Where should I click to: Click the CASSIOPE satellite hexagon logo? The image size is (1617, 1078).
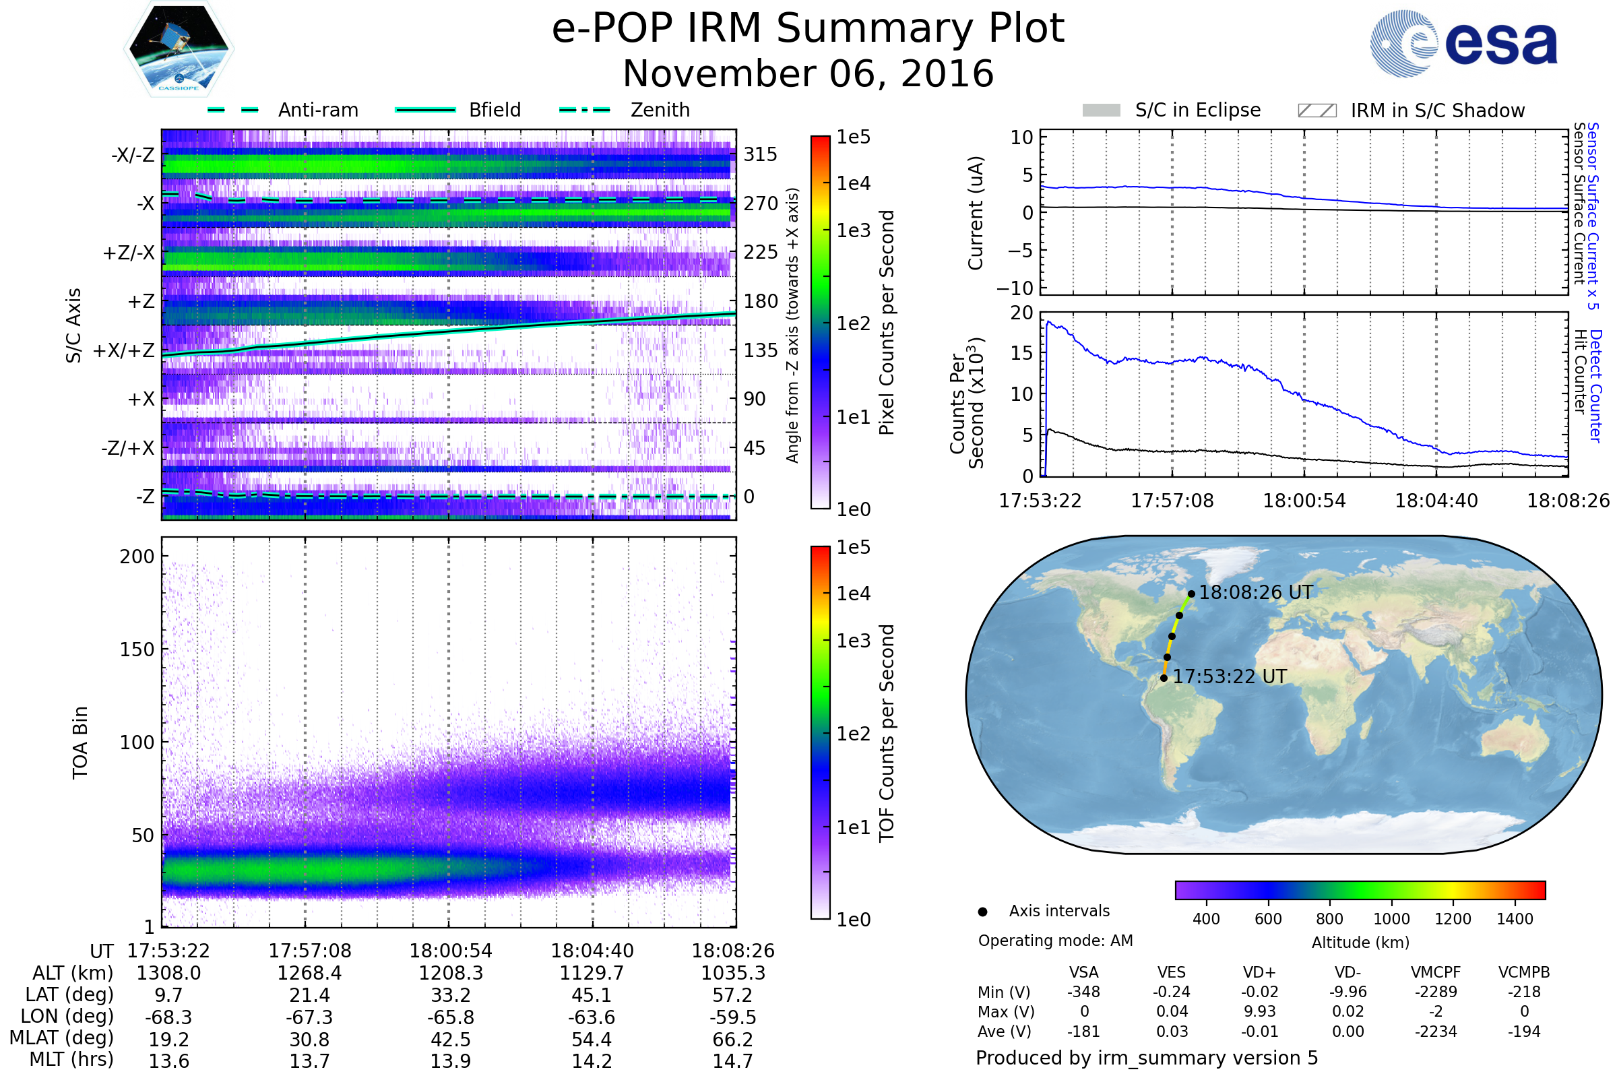tap(179, 49)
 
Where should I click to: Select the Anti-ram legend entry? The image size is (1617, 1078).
tap(317, 110)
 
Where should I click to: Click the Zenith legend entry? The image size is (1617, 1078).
tap(660, 110)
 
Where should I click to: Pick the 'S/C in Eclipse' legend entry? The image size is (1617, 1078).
tap(1197, 110)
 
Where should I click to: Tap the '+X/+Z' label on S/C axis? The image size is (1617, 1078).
tap(124, 350)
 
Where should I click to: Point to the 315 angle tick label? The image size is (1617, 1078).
tap(761, 154)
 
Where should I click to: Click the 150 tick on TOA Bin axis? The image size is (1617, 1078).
tap(137, 649)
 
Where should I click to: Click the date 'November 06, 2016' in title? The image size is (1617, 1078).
tap(808, 73)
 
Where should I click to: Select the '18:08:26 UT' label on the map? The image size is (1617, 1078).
tap(1255, 593)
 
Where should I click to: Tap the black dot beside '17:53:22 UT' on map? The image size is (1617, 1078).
tap(1164, 678)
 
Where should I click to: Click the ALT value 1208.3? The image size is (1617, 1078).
tap(450, 973)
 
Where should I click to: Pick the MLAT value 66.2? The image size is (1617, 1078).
tap(733, 1040)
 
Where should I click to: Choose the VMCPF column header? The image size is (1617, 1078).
tap(1436, 973)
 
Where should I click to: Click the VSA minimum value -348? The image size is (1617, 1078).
tap(1083, 992)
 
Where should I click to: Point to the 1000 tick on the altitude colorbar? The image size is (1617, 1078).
tap(1391, 919)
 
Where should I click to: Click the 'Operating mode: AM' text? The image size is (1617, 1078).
tap(1055, 941)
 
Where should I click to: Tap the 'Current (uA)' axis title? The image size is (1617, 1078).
tap(976, 213)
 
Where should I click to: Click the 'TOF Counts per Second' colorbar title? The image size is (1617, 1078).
tap(887, 733)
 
